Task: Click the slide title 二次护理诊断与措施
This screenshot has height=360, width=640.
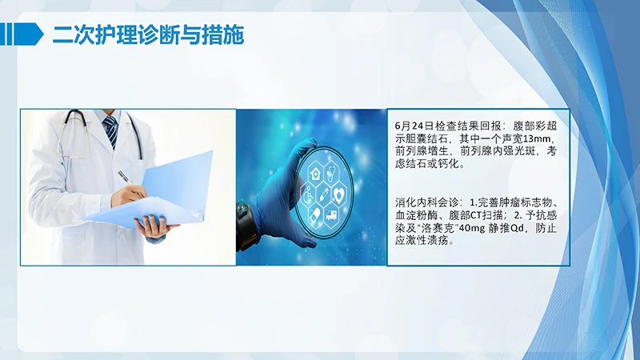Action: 148,34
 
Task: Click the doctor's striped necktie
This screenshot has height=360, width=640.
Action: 111,131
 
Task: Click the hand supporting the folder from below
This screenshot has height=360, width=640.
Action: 152,227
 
